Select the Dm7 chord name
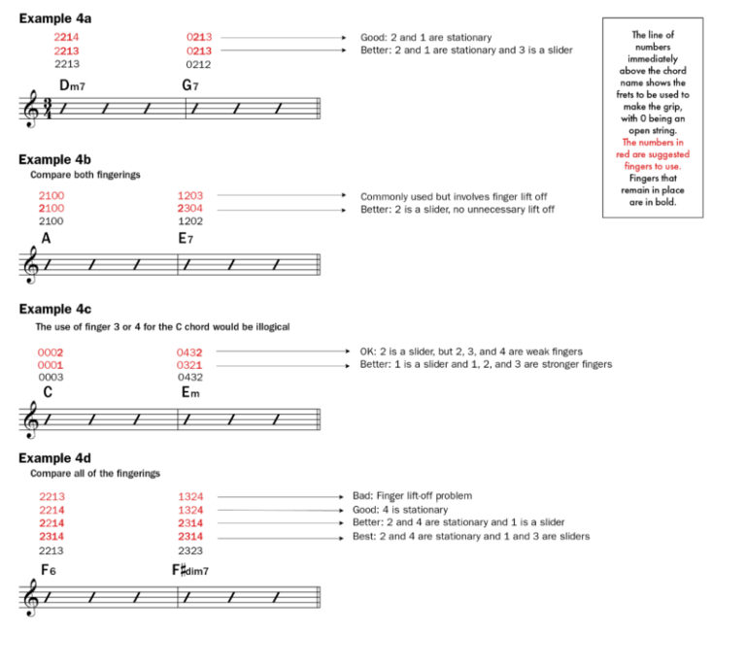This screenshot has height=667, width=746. click(x=72, y=85)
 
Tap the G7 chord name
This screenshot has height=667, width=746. click(x=191, y=85)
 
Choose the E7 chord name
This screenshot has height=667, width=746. click(x=188, y=237)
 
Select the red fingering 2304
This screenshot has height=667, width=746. click(x=190, y=209)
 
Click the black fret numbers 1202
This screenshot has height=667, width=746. click(x=190, y=221)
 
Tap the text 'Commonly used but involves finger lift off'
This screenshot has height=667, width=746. click(x=453, y=196)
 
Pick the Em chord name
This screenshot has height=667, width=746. click(x=190, y=392)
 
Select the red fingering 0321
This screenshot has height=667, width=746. click(x=189, y=365)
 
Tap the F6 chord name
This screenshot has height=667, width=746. click(x=49, y=570)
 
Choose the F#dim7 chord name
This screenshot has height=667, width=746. click(x=190, y=570)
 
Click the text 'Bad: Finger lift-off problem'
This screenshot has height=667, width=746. click(x=425, y=496)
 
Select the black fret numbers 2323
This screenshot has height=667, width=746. click(x=190, y=550)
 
